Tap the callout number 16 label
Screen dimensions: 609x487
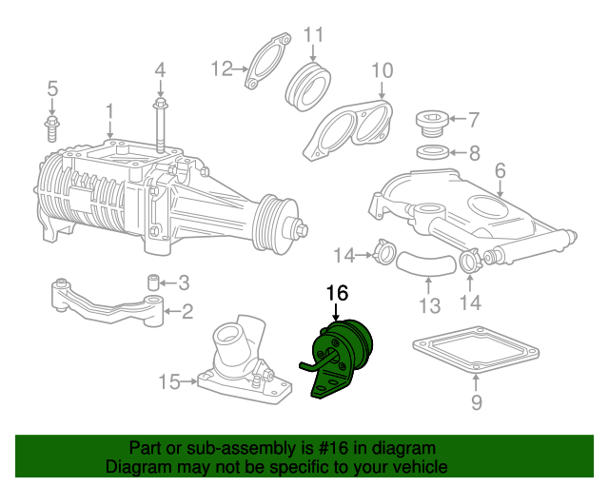point(337,293)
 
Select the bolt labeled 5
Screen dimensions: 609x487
point(51,127)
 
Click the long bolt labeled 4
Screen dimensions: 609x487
point(161,125)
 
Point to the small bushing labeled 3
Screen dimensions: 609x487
point(154,282)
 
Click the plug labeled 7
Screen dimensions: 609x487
point(432,124)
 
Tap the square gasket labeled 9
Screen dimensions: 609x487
point(476,349)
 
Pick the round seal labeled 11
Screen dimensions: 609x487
point(308,87)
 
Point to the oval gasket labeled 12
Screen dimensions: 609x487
point(267,61)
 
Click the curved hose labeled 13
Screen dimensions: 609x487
point(425,263)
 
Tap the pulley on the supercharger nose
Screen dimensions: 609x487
point(275,224)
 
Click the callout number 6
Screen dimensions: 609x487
point(501,170)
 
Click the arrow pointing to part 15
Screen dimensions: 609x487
point(189,381)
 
